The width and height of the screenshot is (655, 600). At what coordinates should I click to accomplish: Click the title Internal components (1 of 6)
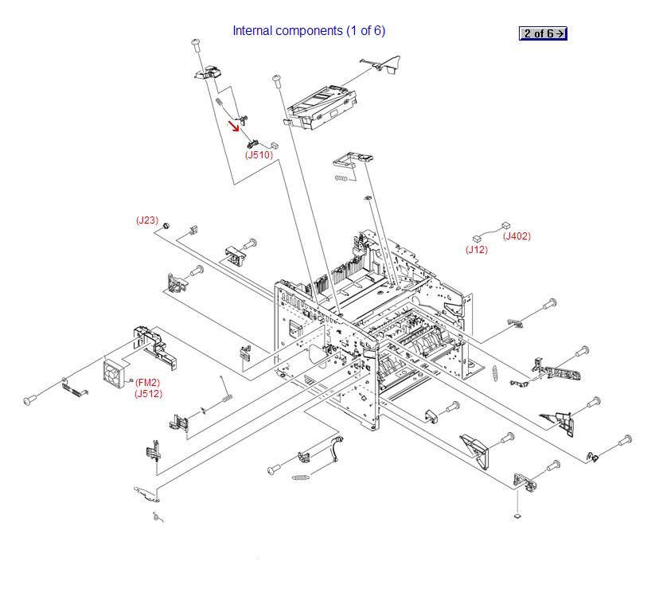click(309, 31)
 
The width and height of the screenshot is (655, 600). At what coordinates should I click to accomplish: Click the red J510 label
click(259, 155)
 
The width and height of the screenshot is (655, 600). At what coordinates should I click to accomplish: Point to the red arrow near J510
click(235, 125)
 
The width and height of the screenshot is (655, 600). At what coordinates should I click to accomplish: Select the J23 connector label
click(147, 220)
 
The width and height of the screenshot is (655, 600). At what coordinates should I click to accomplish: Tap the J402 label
click(517, 236)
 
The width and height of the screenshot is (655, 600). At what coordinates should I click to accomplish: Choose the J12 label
click(477, 250)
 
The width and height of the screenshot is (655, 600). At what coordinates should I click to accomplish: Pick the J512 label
click(148, 393)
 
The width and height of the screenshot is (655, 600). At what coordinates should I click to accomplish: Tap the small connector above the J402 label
click(505, 225)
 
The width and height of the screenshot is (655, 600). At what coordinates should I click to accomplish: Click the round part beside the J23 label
click(166, 227)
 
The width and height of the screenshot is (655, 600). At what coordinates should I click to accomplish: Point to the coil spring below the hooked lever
click(300, 477)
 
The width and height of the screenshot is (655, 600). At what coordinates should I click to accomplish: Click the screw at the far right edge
click(625, 439)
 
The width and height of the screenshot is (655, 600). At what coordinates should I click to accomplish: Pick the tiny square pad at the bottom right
click(517, 516)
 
